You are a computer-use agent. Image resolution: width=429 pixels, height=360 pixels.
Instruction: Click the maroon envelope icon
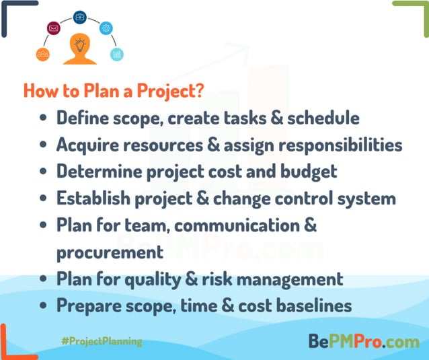tap(54, 28)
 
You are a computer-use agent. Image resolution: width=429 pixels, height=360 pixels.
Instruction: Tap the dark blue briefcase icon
tap(80, 17)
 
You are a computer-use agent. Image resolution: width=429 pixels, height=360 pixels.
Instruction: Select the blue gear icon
tap(106, 28)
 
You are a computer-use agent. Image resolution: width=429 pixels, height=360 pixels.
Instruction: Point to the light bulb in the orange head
tap(80, 46)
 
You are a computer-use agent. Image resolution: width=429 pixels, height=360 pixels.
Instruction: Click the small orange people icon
tap(44, 54)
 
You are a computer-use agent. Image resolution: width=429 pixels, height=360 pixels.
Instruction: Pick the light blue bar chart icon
tap(117, 54)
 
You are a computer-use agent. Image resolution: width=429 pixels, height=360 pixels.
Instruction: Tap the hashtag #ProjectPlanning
tap(102, 341)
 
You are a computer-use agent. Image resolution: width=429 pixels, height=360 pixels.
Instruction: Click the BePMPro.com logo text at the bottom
tap(364, 341)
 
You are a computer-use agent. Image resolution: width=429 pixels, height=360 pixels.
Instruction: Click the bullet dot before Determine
tap(43, 172)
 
